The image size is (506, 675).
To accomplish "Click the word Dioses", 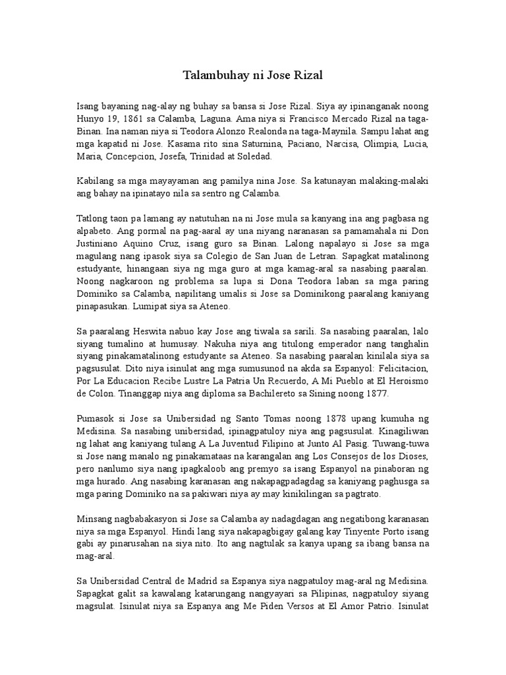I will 412,457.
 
